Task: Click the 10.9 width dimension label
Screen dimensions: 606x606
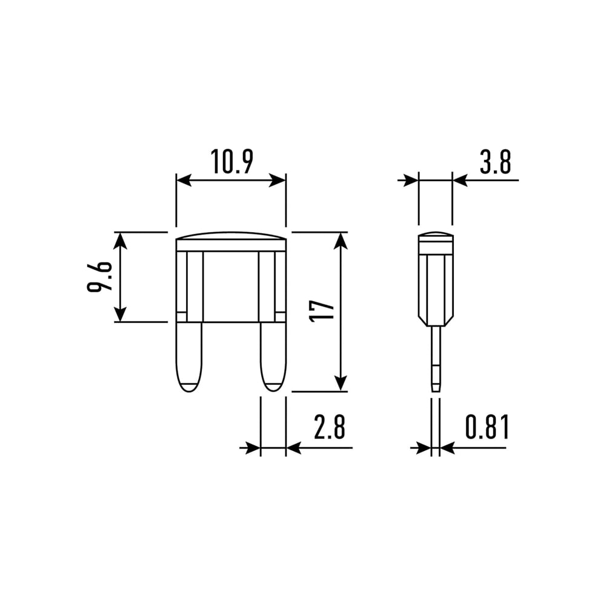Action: point(232,161)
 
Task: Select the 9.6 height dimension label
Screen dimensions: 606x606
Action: point(100,277)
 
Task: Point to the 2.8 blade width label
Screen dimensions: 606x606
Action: point(329,427)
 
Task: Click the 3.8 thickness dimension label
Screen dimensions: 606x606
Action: point(496,162)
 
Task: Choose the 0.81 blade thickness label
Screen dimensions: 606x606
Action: point(487,427)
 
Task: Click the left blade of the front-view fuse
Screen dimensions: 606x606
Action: point(189,358)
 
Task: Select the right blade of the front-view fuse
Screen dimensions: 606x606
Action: point(273,358)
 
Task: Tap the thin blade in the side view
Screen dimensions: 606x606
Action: point(436,359)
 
